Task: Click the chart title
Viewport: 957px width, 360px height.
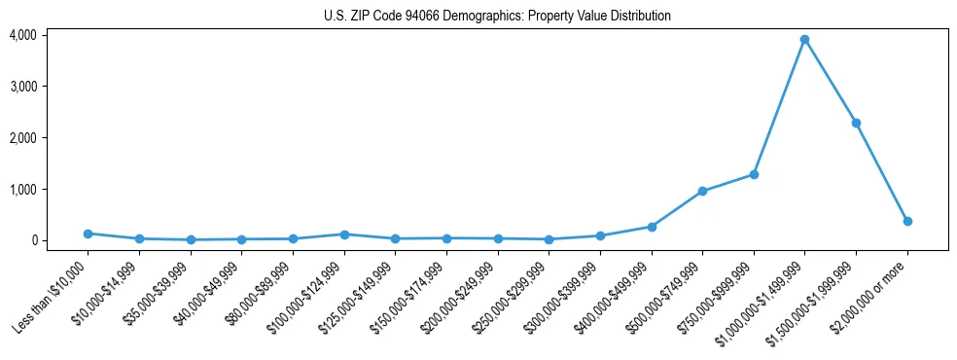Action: (497, 17)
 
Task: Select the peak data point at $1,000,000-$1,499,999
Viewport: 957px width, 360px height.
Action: (804, 40)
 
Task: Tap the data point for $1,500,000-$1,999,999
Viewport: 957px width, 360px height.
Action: (856, 123)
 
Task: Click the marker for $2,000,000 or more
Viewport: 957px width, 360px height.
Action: (907, 221)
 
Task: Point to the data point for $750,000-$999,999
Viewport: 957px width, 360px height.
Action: (754, 174)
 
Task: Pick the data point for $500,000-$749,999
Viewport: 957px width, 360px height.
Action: (702, 191)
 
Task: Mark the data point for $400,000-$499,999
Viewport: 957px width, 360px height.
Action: (652, 227)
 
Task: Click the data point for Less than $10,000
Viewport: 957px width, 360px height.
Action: (88, 234)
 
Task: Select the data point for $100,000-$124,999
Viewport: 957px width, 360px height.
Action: (343, 234)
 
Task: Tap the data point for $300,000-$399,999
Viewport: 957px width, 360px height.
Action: (600, 235)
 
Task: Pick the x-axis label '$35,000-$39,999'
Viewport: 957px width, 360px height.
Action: (159, 293)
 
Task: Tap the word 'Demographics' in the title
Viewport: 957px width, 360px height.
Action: (457, 17)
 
